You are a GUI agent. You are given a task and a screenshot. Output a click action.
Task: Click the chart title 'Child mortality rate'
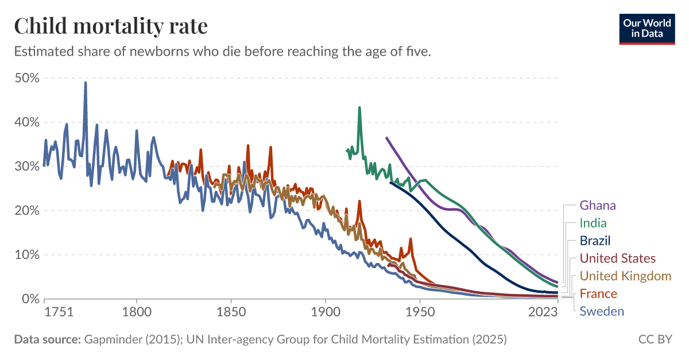click(111, 26)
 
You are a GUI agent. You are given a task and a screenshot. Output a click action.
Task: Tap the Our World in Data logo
click(647, 27)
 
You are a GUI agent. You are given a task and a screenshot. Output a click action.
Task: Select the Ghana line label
click(597, 205)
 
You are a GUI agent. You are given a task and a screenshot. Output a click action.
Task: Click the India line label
click(593, 223)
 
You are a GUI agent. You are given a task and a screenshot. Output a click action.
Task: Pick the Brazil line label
click(595, 241)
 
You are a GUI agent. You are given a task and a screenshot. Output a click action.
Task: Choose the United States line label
click(617, 258)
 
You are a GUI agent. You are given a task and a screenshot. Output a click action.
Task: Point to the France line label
click(598, 294)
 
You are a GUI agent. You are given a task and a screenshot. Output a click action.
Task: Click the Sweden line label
click(602, 312)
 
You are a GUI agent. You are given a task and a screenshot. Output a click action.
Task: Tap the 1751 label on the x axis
click(58, 312)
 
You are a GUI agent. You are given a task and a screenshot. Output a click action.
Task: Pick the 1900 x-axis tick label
click(326, 312)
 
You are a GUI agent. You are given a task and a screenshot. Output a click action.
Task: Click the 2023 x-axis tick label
click(543, 312)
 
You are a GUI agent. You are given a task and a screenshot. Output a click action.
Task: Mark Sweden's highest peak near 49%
click(86, 83)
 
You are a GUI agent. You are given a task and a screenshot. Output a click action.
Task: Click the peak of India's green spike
click(359, 107)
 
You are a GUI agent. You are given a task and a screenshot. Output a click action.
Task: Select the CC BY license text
click(655, 339)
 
